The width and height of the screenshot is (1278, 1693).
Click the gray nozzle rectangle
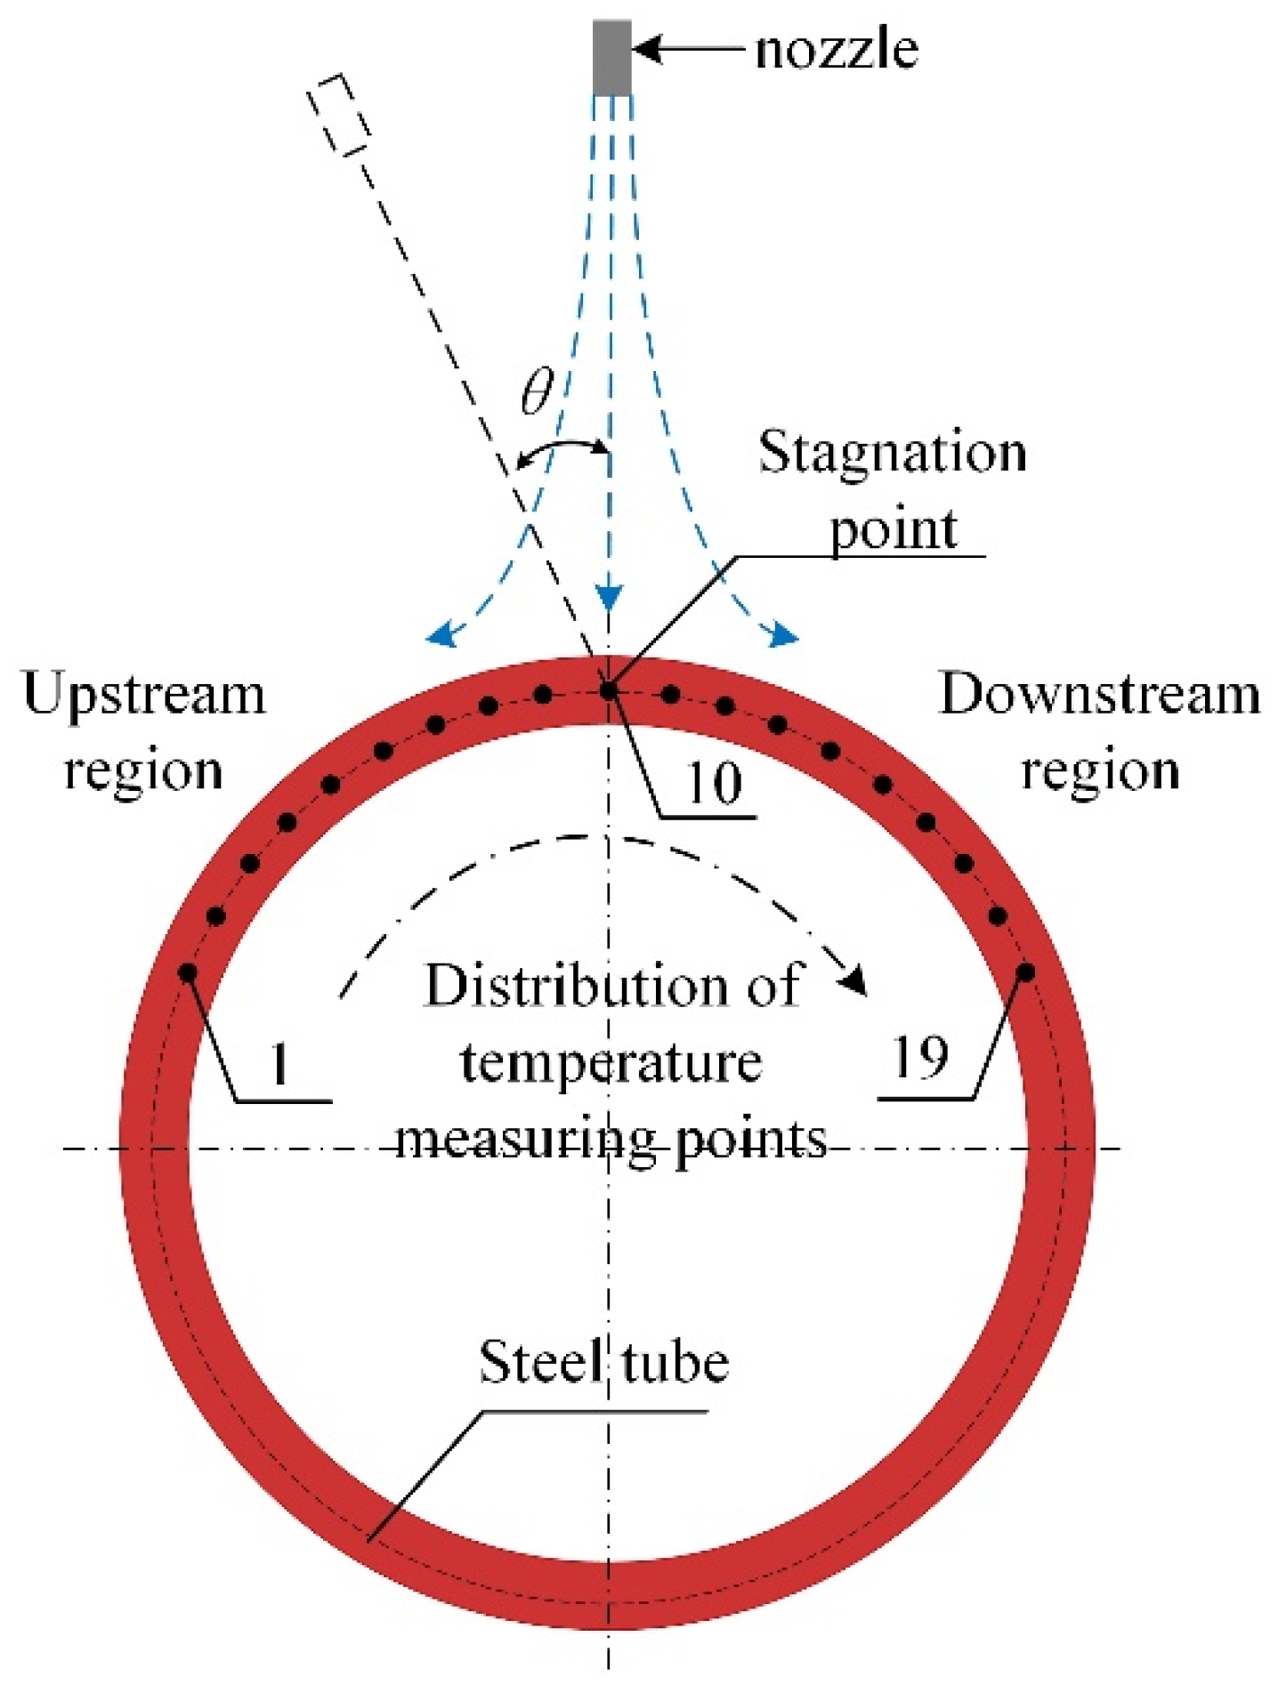[611, 57]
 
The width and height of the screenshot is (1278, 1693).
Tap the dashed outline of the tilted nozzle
[338, 115]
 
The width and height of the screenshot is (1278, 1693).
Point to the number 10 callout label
[714, 785]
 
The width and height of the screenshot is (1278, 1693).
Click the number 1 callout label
[279, 1063]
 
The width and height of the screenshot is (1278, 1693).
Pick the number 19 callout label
[919, 1058]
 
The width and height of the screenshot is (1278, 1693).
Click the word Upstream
[144, 696]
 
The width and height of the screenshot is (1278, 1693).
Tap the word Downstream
[1100, 694]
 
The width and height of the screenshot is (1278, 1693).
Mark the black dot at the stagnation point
[609, 689]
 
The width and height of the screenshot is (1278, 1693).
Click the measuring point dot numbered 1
[188, 972]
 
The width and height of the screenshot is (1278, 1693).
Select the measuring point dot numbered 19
[1026, 972]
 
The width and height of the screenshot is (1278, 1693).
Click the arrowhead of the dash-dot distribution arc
[856, 982]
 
